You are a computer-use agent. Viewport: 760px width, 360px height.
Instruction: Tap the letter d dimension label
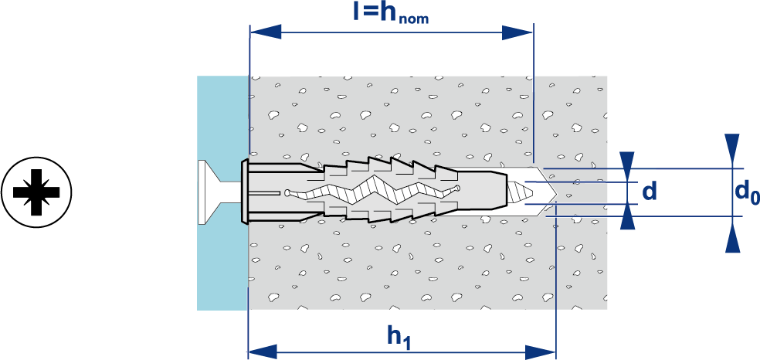pos(650,190)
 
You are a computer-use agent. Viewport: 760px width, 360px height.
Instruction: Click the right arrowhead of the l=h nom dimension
pos(517,32)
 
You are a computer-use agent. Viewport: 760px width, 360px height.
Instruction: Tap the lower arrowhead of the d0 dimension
pos(732,236)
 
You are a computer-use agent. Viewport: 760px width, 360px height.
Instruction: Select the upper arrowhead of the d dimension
pos(628,163)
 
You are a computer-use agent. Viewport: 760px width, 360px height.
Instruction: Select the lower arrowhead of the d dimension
pos(628,219)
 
